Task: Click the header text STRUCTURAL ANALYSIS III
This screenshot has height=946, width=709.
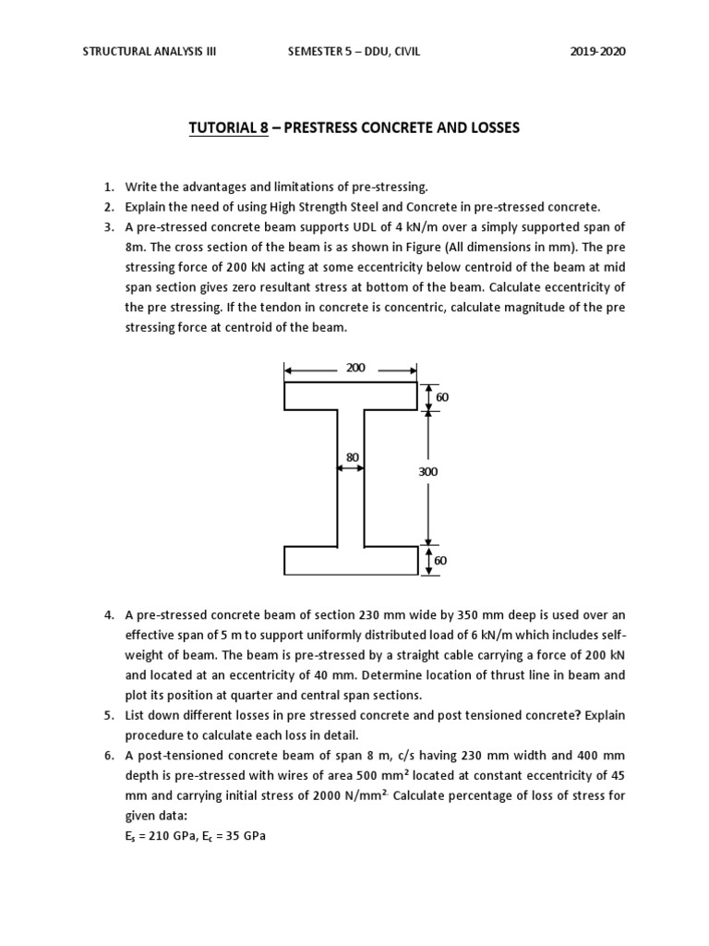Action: [150, 52]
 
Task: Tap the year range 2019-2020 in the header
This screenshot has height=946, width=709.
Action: [598, 52]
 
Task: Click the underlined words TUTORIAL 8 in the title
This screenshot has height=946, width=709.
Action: [228, 127]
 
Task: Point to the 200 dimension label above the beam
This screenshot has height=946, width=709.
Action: [355, 368]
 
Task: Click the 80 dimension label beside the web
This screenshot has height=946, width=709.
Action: [352, 456]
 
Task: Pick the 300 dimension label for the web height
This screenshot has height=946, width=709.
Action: [427, 471]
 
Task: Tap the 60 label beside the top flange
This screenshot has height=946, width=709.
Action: [441, 396]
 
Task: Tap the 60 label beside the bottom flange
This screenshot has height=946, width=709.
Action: [441, 560]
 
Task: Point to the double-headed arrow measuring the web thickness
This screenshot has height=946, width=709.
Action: [351, 469]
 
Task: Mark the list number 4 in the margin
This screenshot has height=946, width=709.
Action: [108, 615]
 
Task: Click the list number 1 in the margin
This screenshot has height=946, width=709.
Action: [108, 188]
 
